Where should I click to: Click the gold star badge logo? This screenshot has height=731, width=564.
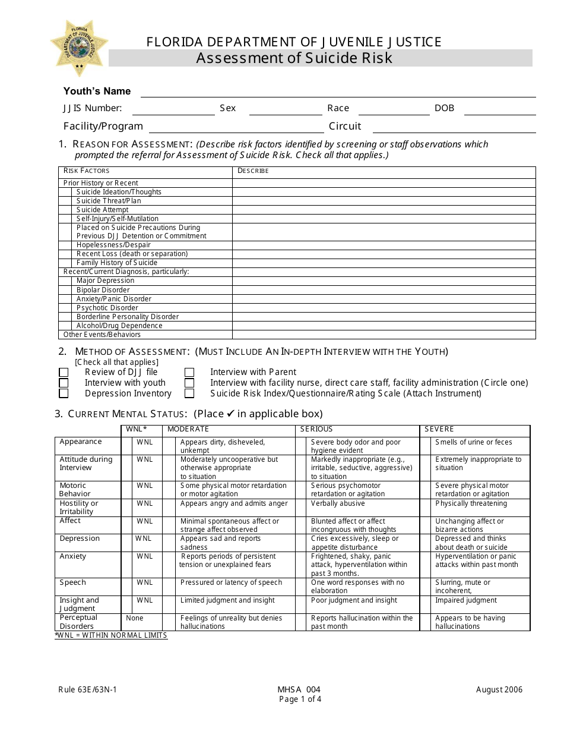click(79, 48)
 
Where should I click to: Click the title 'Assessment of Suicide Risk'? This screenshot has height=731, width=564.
click(294, 58)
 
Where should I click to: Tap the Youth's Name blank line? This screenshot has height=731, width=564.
click(337, 92)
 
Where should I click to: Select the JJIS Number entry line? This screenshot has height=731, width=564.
click(173, 109)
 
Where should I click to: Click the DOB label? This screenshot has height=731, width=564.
click(444, 108)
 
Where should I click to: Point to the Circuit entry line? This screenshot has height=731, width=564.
click(454, 127)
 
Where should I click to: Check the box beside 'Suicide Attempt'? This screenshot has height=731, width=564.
click(67, 210)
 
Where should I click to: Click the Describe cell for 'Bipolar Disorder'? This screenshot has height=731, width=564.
click(384, 290)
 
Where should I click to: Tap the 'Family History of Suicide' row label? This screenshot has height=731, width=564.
click(117, 263)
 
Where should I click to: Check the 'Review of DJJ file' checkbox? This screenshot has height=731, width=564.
click(64, 373)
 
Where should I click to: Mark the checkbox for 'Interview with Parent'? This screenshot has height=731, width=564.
click(189, 373)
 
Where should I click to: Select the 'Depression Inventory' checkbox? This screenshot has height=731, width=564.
click(64, 393)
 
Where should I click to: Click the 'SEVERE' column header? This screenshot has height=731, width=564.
click(439, 429)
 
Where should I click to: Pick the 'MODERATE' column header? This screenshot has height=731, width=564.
click(188, 429)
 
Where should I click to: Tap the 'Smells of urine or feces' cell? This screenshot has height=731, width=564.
click(473, 442)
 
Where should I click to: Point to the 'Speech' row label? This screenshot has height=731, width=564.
click(72, 582)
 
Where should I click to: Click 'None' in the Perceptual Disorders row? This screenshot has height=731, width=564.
click(135, 618)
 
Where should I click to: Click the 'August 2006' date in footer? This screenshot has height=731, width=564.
click(499, 690)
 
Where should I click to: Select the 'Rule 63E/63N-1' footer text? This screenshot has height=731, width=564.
click(83, 690)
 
